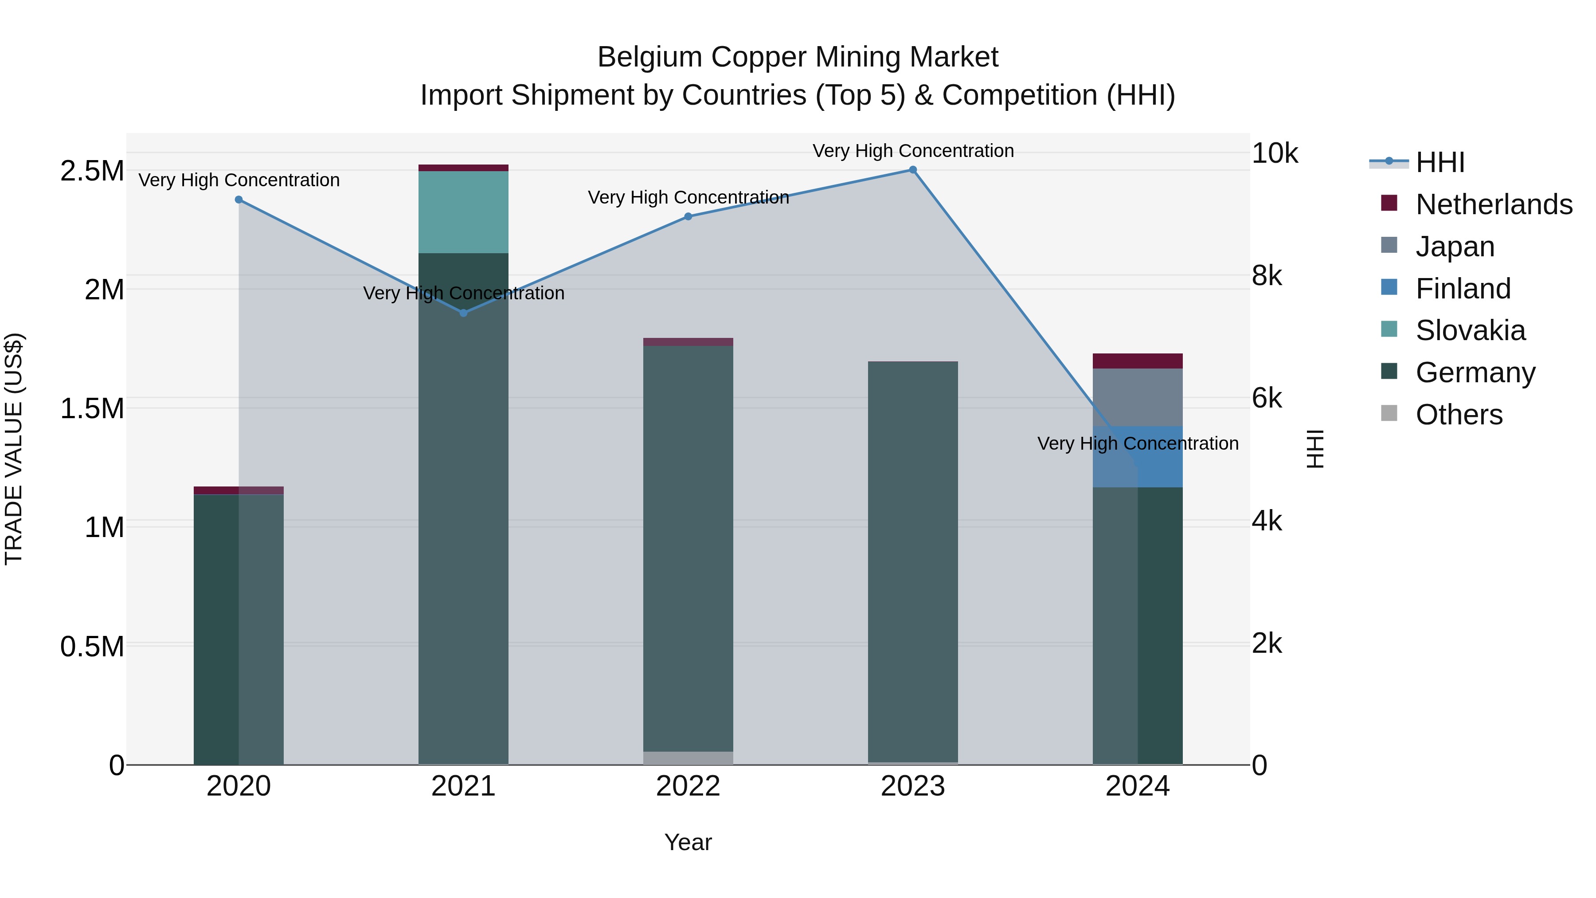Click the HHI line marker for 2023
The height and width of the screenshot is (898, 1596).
pos(913,170)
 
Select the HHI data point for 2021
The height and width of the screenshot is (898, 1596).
pos(463,313)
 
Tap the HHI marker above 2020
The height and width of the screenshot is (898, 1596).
pos(239,200)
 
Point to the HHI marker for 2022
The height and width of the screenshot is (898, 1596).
pos(688,216)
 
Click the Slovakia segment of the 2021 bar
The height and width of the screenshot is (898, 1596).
pos(463,212)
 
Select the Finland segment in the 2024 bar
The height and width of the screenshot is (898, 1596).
pos(1138,457)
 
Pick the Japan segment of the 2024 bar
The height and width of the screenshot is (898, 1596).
pos(1138,397)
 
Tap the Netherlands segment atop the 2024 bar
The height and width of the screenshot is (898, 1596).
pos(1138,361)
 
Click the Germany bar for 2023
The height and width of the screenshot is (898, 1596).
pos(913,561)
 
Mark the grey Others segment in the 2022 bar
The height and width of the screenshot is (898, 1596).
pos(688,758)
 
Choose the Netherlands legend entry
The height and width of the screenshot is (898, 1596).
pos(1493,204)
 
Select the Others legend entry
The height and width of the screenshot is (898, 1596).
pos(1459,415)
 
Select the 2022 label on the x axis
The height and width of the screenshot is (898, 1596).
pos(688,786)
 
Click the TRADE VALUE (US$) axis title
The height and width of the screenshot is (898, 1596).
pos(14,449)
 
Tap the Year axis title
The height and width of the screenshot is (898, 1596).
pos(688,842)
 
